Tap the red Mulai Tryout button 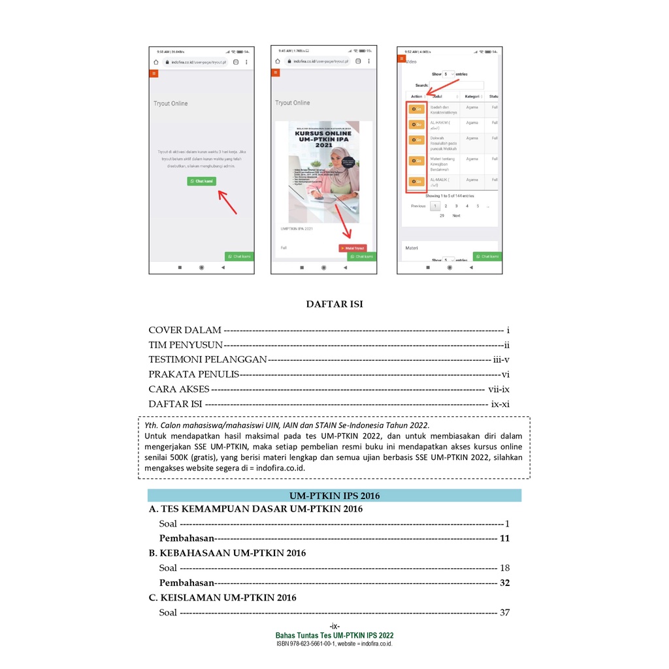353,248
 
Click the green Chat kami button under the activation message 201,181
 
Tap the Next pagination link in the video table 456,216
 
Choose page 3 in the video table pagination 456,206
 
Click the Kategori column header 472,97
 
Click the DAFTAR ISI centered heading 334,304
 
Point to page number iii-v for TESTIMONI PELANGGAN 501,359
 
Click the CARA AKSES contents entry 179,389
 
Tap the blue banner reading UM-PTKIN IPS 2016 334,495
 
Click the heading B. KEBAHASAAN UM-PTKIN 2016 227,553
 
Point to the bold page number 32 504,583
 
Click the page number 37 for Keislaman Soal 504,613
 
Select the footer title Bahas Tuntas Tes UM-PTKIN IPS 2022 334,636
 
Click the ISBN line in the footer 334,644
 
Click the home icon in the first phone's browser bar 156,62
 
